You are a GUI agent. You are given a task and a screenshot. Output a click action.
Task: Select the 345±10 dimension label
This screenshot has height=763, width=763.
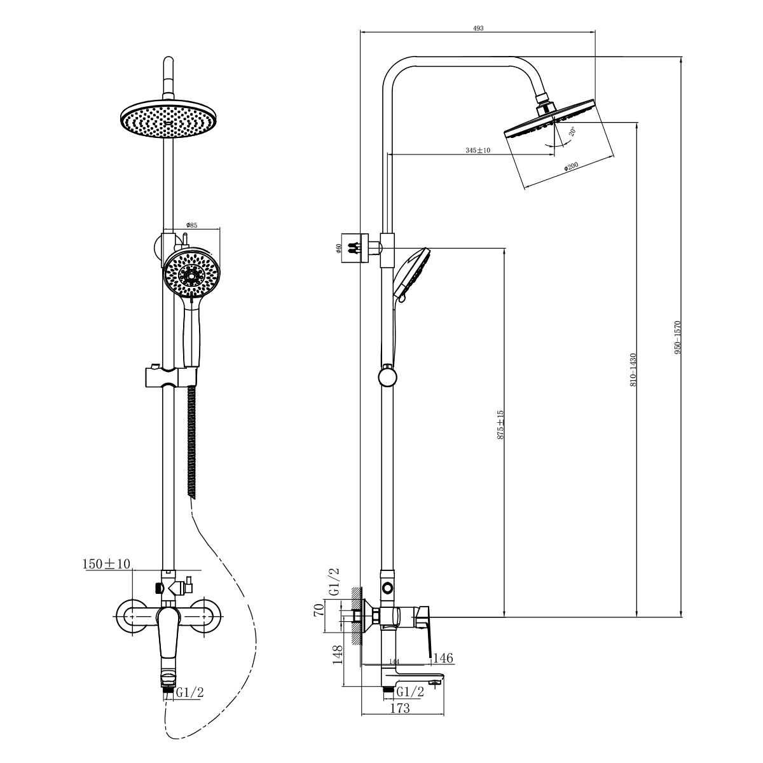coord(478,151)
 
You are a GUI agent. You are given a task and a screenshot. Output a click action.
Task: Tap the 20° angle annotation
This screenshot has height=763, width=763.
coord(572,132)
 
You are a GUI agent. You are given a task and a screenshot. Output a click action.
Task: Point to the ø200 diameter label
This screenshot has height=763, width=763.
coord(570,167)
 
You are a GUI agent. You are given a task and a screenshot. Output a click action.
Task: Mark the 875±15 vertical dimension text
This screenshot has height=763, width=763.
coord(500,425)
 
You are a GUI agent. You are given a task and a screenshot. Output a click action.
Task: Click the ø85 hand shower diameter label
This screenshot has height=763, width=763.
coord(191,225)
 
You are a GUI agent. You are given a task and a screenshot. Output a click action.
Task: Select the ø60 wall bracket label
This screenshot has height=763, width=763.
coord(340,248)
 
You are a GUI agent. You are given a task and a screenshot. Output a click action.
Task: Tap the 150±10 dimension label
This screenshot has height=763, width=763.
coord(106,564)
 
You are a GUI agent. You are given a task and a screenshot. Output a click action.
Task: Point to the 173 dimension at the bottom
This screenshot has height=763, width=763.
coord(400,708)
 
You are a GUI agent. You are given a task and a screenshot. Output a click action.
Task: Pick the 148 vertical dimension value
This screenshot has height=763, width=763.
coord(338,655)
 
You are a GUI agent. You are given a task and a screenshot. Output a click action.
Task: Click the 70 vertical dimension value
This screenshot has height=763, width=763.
coord(320,611)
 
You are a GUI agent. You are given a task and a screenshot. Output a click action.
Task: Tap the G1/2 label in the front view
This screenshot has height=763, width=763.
coord(189,692)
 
